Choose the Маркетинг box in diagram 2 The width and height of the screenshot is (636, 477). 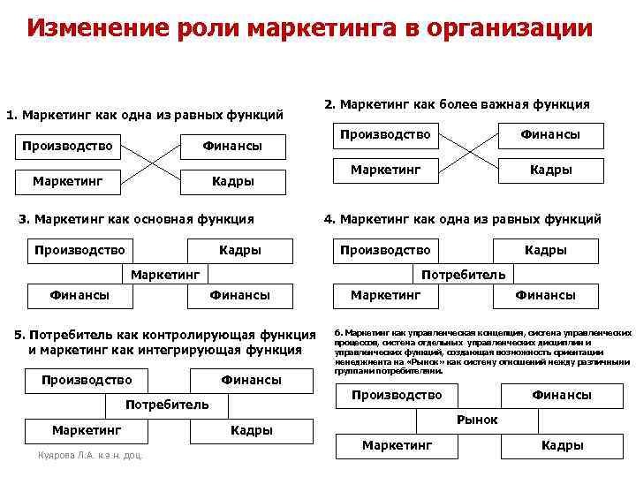pyautogui.click(x=385, y=169)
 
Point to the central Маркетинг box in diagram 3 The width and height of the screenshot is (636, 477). pyautogui.click(x=166, y=274)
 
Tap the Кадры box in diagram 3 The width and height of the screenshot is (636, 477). pyautogui.click(x=240, y=250)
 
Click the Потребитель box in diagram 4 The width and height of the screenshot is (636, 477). pyautogui.click(x=465, y=274)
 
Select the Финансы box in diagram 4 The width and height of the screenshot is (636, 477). pyautogui.click(x=545, y=295)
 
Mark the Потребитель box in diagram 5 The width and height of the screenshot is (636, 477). pyautogui.click(x=167, y=405)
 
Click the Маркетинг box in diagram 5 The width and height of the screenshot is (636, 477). pyautogui.click(x=86, y=430)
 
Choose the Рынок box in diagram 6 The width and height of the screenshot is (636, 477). pyautogui.click(x=477, y=420)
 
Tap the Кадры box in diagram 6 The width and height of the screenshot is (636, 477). pyautogui.click(x=562, y=445)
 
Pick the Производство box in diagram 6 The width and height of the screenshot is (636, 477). pyautogui.click(x=396, y=395)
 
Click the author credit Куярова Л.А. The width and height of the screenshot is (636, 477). pyautogui.click(x=89, y=455)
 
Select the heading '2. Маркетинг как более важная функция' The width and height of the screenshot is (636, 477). pyautogui.click(x=457, y=105)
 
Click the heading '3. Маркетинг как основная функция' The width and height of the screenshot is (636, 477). pyautogui.click(x=142, y=219)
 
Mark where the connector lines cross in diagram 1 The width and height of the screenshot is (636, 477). pyautogui.click(x=152, y=163)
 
